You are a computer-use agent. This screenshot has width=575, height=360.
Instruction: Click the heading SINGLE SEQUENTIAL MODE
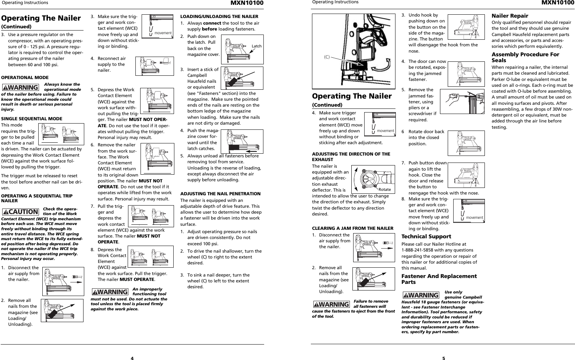click(x=32, y=119)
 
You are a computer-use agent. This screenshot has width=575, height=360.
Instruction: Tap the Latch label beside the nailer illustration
click(x=256, y=46)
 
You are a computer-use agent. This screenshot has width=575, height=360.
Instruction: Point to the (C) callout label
click(x=327, y=57)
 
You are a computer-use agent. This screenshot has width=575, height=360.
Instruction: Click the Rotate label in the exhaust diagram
click(x=384, y=189)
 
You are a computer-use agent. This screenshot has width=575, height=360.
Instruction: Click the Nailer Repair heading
click(x=510, y=16)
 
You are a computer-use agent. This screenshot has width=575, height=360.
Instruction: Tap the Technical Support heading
click(x=426, y=236)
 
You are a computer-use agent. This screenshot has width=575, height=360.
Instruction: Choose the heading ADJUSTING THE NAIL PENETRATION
click(x=220, y=194)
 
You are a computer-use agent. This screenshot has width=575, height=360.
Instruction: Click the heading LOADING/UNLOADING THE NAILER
click(x=219, y=17)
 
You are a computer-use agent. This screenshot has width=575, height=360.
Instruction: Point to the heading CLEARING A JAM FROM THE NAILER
click(x=352, y=228)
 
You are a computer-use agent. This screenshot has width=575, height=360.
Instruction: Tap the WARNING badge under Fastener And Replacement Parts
click(x=421, y=295)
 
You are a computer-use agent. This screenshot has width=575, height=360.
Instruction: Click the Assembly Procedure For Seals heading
click(x=525, y=57)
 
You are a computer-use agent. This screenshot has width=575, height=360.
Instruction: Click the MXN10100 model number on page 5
click(x=557, y=3)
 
